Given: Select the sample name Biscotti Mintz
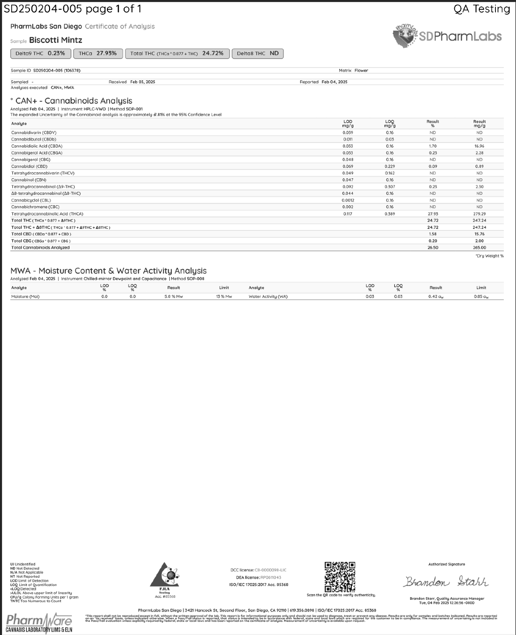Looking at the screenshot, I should (55, 40).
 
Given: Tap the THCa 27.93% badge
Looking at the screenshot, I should (98, 53).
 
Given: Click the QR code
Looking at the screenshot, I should (340, 577).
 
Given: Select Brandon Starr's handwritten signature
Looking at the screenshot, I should (446, 582).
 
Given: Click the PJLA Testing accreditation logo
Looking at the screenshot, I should (165, 579).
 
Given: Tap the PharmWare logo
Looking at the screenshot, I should (39, 622).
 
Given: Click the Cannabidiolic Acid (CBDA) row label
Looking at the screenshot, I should (37, 146).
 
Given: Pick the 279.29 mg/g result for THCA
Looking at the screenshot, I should (479, 214).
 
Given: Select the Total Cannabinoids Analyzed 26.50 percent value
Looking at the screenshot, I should (433, 247).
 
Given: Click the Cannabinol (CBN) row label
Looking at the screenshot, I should (28, 180).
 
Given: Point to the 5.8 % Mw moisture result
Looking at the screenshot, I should (174, 296).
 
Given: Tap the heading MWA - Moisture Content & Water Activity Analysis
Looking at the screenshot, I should (108, 270).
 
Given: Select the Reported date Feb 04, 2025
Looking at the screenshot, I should (335, 82).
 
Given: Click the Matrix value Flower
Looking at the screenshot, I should (361, 71).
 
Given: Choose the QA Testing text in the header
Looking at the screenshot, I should (482, 9).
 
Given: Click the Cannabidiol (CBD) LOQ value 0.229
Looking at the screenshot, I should (389, 166).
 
